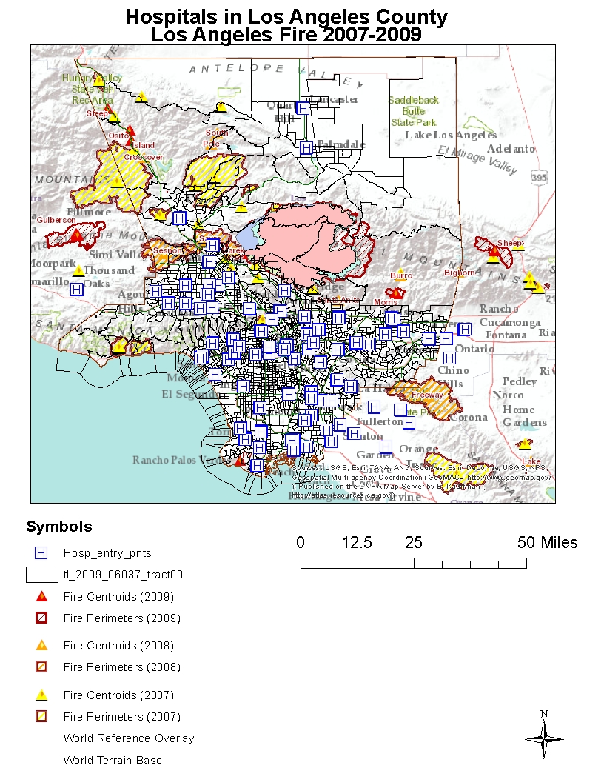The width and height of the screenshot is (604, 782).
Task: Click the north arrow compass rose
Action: [544, 737]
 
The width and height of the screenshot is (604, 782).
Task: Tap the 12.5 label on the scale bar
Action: [357, 542]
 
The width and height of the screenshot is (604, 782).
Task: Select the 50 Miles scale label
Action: [548, 542]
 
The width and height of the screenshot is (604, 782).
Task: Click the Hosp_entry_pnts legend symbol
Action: [41, 552]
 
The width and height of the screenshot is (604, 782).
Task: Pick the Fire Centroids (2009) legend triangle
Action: [41, 596]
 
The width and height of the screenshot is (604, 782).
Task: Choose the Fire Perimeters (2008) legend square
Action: [41, 666]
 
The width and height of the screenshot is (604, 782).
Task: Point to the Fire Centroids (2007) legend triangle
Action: [41, 695]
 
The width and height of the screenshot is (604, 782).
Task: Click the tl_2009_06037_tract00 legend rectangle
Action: [41, 574]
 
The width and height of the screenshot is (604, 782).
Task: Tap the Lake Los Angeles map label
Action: [451, 135]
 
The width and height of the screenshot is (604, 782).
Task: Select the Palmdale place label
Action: [341, 144]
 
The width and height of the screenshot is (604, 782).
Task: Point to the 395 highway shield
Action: [540, 178]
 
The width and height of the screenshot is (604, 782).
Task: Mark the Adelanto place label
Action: [511, 149]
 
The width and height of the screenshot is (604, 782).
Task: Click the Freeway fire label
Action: [427, 395]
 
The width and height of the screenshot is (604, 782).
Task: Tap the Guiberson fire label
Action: [56, 220]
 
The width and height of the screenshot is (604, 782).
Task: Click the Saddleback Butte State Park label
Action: [414, 111]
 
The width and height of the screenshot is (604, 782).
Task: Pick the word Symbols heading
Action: [59, 527]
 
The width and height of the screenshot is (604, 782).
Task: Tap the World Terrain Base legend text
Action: [113, 760]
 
